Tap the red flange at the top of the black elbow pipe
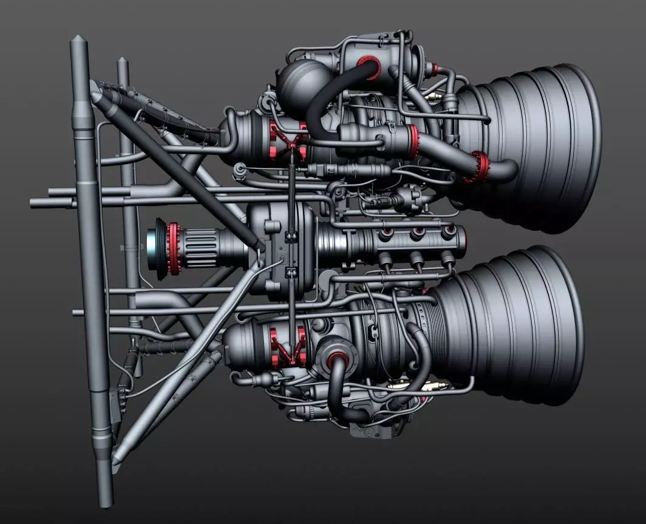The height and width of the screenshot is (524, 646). (x=367, y=62)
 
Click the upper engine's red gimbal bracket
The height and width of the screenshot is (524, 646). (x=289, y=141)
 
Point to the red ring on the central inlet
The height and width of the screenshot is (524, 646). (x=175, y=249)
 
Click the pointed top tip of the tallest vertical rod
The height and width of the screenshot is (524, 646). (x=78, y=40)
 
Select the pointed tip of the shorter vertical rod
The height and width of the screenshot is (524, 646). (x=123, y=61)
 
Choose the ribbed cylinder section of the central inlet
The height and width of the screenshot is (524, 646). (x=206, y=249)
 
